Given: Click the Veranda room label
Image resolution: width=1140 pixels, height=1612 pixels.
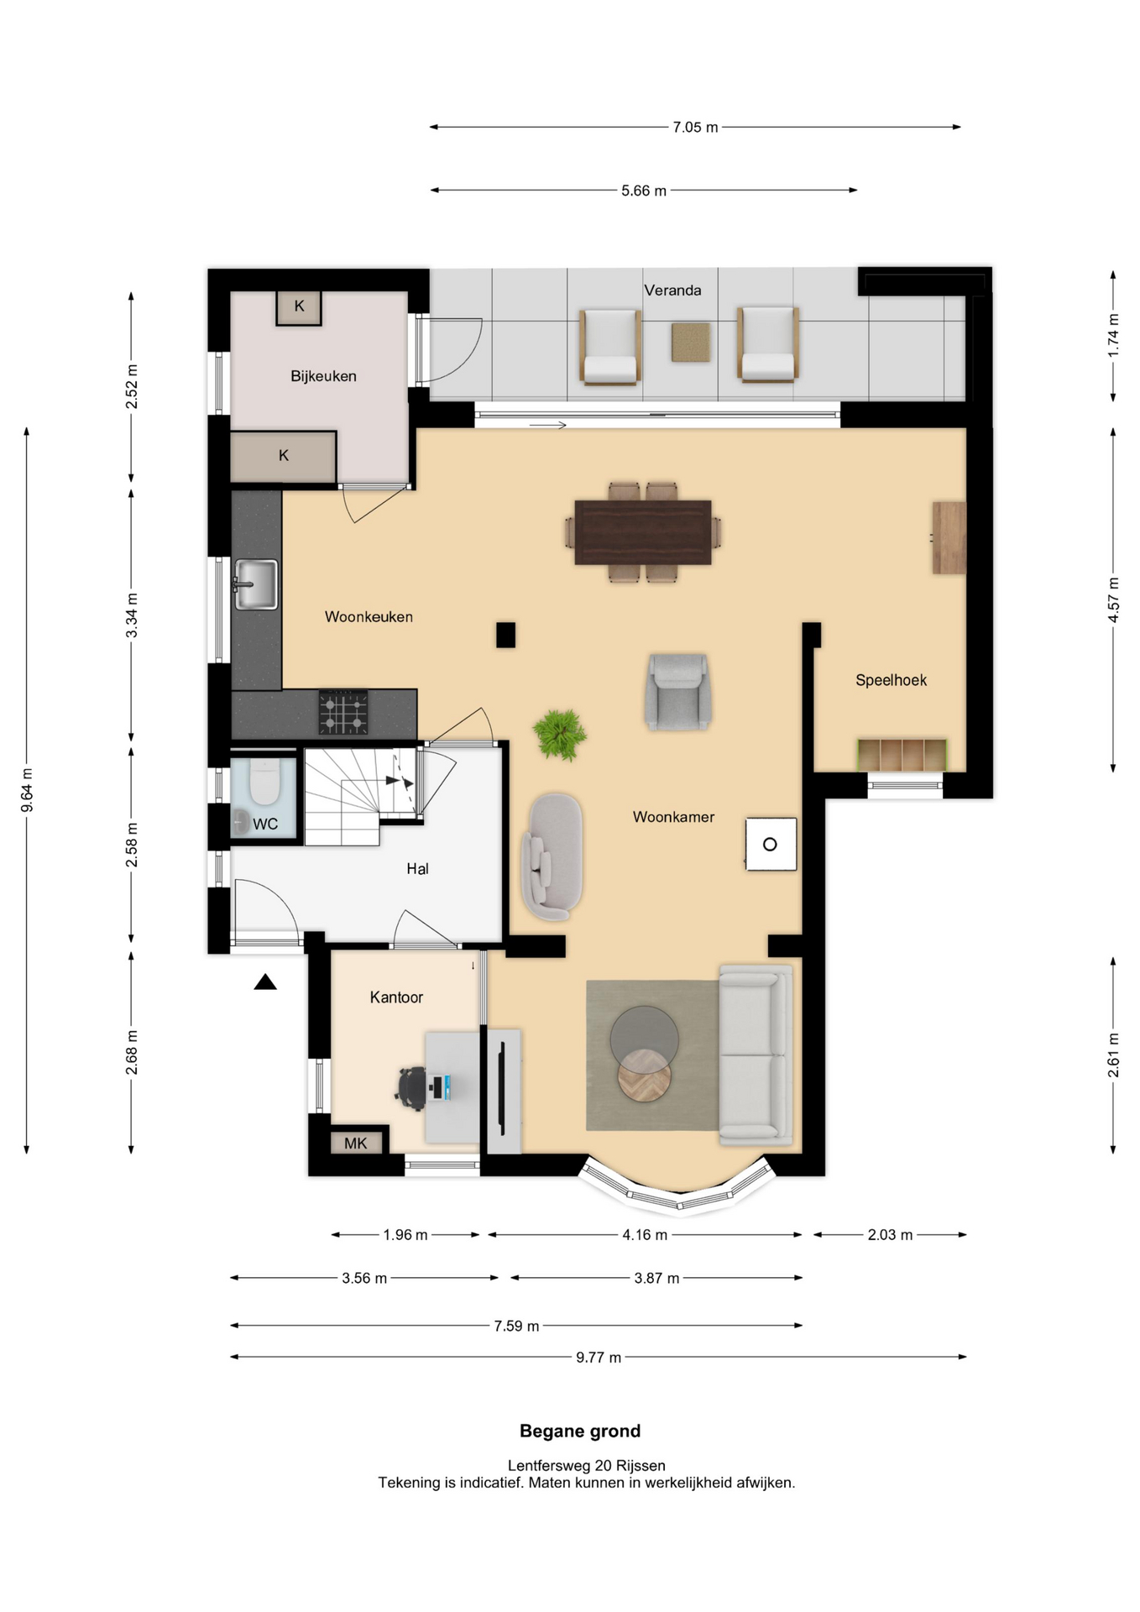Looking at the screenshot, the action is [672, 290].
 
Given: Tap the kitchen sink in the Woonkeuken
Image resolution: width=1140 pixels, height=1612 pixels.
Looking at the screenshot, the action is [256, 584].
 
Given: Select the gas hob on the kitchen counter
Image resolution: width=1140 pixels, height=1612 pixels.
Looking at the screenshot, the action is [343, 712].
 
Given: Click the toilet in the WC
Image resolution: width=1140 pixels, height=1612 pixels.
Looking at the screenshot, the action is [264, 782].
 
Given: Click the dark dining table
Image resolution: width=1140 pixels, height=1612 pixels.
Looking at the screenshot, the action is [643, 532].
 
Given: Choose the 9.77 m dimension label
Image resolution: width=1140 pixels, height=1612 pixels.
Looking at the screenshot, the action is [599, 1358].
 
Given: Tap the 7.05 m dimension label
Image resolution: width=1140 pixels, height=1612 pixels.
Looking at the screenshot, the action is [695, 128].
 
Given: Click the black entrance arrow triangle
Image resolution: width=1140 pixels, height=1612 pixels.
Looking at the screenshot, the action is [265, 981].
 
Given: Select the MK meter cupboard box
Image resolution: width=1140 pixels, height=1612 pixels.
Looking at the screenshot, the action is [356, 1143].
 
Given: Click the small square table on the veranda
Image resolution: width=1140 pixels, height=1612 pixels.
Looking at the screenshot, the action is [691, 343].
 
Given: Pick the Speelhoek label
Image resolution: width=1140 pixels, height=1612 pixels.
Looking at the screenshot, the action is [891, 680].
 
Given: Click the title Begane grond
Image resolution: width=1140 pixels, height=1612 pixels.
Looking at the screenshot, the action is [580, 1431].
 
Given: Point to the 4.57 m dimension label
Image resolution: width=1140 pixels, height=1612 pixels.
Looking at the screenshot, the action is [1113, 599].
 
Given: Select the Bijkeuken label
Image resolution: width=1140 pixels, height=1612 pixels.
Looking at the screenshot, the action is [323, 376].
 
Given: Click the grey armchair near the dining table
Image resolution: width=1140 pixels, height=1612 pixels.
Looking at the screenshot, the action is [678, 692].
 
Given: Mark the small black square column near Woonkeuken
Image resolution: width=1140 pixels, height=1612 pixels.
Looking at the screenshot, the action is [505, 635].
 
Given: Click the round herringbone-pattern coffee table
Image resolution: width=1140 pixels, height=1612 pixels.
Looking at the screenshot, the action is [645, 1075].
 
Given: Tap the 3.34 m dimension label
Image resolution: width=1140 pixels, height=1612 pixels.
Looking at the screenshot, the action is [132, 615].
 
